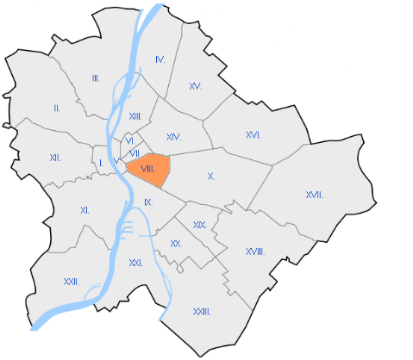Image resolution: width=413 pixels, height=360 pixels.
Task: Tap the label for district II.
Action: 57,109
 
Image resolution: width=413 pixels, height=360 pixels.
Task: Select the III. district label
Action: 96,78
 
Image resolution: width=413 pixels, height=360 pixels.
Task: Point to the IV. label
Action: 160,59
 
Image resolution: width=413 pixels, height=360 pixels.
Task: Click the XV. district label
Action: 196,86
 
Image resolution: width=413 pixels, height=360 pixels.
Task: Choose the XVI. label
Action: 253,135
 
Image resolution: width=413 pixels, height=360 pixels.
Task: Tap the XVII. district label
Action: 314,196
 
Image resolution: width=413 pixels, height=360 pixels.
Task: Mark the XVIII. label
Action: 254,251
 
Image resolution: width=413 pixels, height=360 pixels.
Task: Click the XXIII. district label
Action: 202,311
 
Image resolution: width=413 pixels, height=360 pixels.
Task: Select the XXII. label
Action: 72,282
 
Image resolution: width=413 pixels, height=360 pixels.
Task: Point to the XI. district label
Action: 84,210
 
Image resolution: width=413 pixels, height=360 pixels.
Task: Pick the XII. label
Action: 55,158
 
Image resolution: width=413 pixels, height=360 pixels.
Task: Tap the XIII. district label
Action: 135,116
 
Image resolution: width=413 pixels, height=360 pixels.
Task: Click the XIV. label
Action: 173,138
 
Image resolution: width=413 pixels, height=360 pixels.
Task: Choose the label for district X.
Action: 210,176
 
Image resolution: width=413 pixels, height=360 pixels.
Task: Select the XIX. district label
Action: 199,225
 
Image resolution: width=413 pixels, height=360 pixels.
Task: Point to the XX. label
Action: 176,244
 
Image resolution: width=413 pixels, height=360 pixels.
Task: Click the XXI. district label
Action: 135,263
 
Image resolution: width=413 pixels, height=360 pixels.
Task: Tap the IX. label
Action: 148,202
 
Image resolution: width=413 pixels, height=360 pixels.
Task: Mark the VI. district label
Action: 129,140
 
